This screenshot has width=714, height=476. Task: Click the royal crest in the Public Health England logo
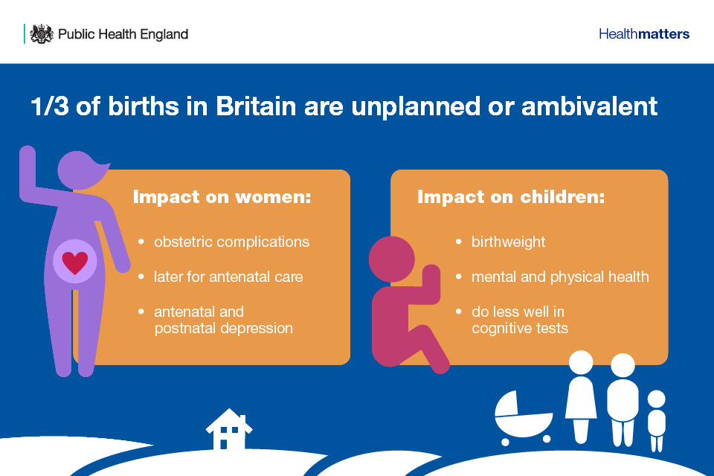[x=42, y=34]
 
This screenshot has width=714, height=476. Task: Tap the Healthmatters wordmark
[x=644, y=34]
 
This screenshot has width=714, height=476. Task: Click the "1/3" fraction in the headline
[x=50, y=106]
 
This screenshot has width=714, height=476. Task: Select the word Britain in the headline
[x=256, y=106]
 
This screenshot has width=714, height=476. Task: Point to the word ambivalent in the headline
[x=589, y=106]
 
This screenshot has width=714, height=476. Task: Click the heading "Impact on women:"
[x=222, y=197]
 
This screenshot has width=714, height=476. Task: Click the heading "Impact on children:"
[x=511, y=197]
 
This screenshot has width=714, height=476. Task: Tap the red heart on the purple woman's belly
[x=75, y=263]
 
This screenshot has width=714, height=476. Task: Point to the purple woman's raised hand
[x=28, y=157]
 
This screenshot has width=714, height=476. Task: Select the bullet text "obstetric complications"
[x=231, y=242]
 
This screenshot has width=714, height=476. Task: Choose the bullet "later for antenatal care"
[x=228, y=277]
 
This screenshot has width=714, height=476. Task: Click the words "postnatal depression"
[x=223, y=328]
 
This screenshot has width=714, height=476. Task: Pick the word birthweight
[x=508, y=242]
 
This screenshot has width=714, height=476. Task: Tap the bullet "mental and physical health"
[x=560, y=277]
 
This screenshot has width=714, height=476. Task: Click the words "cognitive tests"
[x=520, y=328]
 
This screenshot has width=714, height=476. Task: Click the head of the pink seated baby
[x=392, y=259]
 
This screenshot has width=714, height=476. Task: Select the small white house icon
[x=229, y=429]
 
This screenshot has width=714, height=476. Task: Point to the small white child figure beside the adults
[x=657, y=420]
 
